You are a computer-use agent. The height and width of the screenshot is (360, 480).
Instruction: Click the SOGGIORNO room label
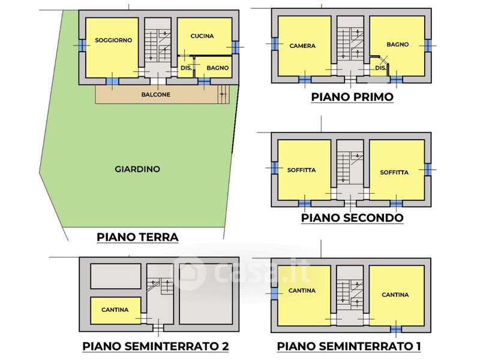click(113, 40)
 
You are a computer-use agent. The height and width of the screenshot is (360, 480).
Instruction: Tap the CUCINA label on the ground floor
click(202, 36)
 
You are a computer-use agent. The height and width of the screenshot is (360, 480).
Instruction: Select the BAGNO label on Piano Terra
click(218, 68)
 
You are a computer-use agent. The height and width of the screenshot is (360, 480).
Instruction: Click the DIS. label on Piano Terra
click(186, 68)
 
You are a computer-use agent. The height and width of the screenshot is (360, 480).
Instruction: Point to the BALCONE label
click(156, 95)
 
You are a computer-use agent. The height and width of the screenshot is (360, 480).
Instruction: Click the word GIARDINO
click(137, 169)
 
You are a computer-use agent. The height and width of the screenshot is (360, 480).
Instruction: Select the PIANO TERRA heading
click(137, 237)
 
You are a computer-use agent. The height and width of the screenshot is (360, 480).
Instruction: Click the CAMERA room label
click(302, 46)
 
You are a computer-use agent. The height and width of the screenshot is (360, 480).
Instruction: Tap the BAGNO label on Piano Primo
click(398, 44)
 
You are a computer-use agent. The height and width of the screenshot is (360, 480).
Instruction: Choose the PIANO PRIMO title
click(352, 97)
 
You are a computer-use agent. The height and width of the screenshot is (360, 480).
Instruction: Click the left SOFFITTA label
click(302, 170)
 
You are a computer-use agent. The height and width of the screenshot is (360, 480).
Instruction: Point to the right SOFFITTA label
click(394, 172)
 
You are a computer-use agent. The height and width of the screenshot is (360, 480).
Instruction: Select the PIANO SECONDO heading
click(352, 218)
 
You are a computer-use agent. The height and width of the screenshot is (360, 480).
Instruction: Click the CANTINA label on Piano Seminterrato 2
click(115, 310)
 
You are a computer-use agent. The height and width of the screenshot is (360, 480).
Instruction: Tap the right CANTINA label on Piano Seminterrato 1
click(395, 295)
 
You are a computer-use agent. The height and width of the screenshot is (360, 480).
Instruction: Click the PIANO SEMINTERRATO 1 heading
click(349, 346)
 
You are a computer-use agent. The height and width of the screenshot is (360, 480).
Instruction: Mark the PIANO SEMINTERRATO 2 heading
click(155, 346)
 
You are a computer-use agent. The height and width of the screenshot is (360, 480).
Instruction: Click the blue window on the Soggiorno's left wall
click(82, 46)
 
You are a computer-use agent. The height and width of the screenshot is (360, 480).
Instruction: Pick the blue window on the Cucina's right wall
click(235, 47)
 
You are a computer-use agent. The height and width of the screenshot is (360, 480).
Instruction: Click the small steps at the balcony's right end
click(223, 94)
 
